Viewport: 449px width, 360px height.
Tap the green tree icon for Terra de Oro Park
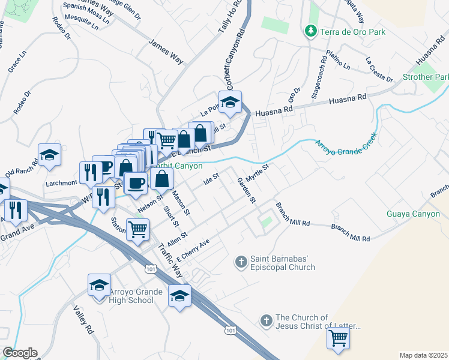(x=310, y=30)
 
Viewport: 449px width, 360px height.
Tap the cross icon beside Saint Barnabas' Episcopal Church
(x=241, y=262)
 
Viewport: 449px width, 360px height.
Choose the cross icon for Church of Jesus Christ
(x=267, y=321)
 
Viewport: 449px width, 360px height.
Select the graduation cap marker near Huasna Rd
(x=229, y=104)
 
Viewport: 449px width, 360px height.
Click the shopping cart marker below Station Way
(x=138, y=229)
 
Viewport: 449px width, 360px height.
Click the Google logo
(x=20, y=353)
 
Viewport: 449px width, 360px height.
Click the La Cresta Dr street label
(x=379, y=70)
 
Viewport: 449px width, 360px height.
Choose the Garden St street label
(x=246, y=190)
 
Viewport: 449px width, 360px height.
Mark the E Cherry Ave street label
(x=193, y=251)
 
